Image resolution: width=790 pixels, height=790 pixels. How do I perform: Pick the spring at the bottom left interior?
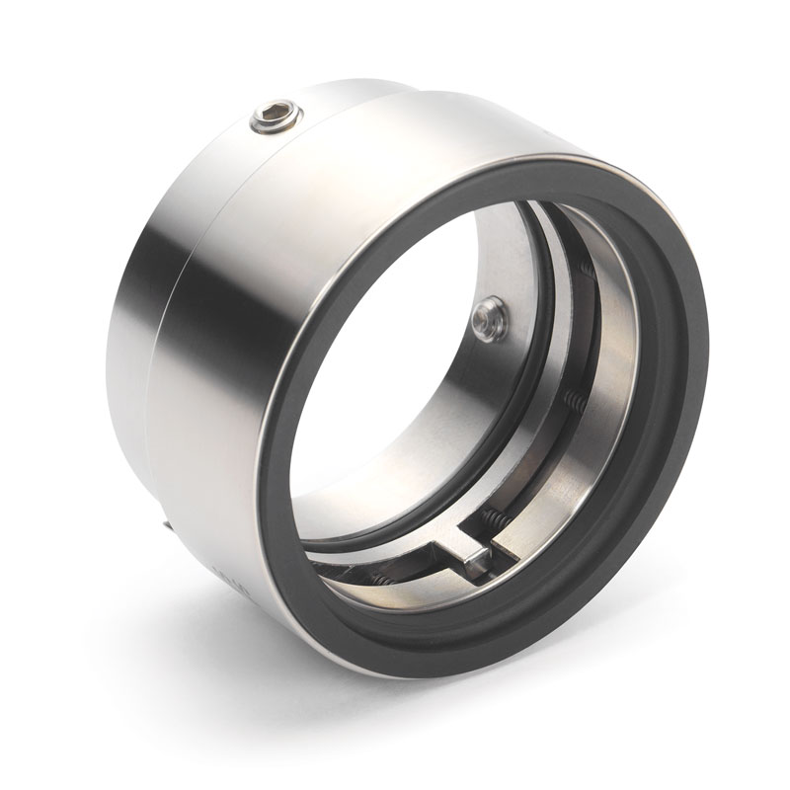pos(380,580)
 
